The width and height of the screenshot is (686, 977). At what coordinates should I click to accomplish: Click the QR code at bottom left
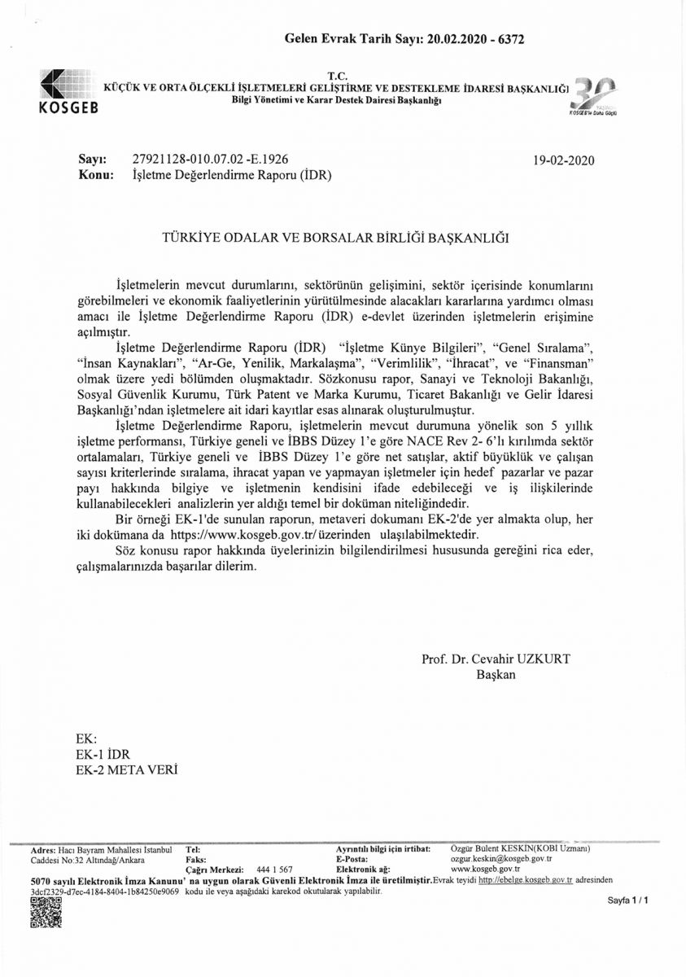point(46,912)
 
